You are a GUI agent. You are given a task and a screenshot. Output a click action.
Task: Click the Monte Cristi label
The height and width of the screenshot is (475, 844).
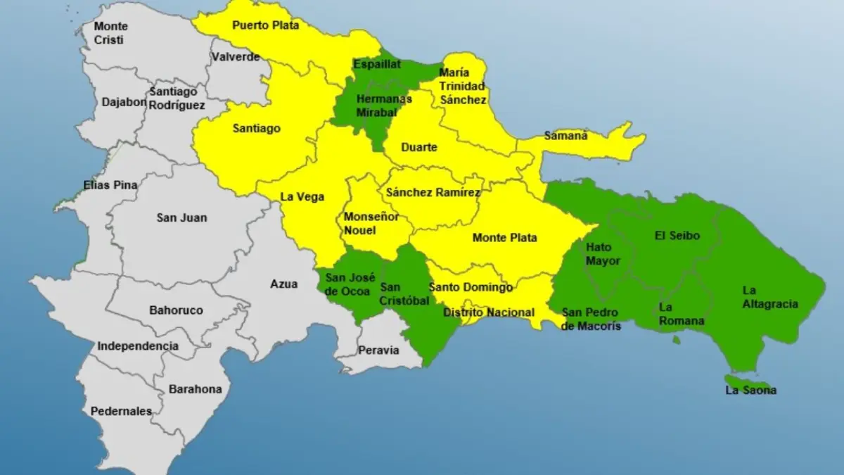[109, 33]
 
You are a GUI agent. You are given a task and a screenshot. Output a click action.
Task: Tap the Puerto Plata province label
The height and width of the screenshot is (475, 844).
[265, 25]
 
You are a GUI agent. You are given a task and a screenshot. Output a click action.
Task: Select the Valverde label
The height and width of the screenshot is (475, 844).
[236, 57]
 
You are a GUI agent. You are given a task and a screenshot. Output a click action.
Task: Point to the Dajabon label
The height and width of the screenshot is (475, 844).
[124, 101]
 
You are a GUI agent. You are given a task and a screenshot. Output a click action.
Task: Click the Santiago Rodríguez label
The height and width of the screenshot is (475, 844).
[177, 99]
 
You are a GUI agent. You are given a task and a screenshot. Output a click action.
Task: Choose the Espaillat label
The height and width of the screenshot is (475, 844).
[377, 64]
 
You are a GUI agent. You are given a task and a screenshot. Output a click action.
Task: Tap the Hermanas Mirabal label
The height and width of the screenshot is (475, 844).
[373, 106]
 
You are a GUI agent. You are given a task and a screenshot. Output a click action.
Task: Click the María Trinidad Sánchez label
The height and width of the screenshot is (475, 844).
[463, 86]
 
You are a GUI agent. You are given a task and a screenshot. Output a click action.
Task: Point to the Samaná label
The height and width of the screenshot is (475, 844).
[565, 136]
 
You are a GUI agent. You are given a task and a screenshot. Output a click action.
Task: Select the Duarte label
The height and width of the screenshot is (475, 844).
[418, 148]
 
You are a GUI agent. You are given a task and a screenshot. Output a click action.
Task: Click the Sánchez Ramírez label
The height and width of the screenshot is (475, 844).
[433, 192]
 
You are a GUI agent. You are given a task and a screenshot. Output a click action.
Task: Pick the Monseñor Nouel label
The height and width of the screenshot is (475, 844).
[371, 223]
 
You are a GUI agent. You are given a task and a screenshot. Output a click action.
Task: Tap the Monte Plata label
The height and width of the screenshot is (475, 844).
[504, 238]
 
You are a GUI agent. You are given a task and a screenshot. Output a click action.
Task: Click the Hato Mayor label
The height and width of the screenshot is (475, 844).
[603, 254]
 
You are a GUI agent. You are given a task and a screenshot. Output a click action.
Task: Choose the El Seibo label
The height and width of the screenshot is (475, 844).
[677, 236]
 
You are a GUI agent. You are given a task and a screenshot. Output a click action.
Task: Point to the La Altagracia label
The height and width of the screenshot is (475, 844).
[770, 297]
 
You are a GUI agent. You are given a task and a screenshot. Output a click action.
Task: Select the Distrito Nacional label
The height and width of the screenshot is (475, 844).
[489, 312]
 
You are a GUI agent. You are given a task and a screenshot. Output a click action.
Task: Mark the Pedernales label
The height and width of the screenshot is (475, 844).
[121, 411]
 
